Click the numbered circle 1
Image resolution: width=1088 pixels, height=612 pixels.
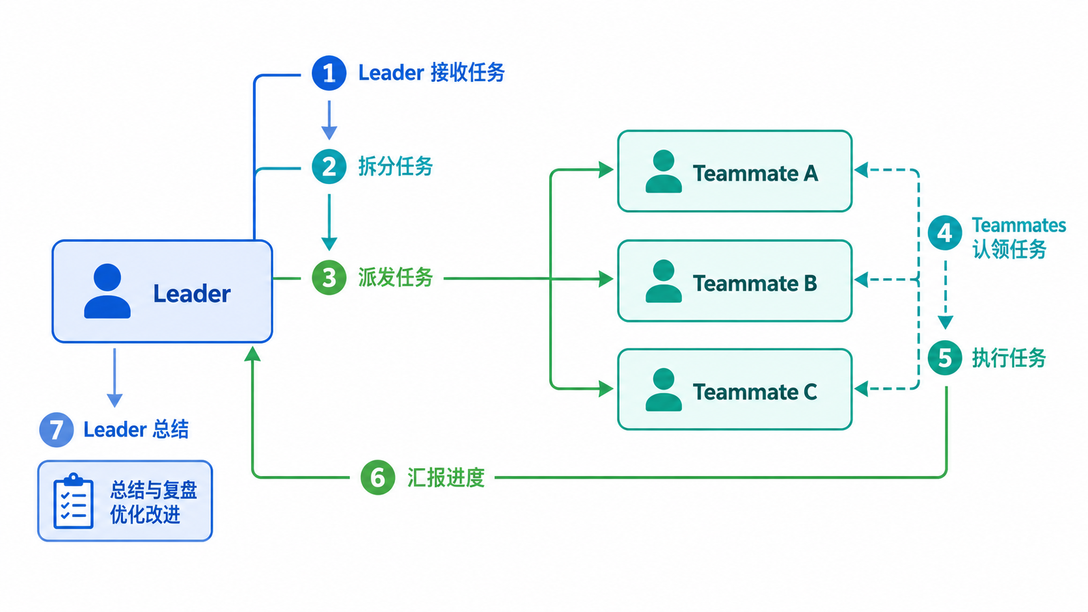point(329,73)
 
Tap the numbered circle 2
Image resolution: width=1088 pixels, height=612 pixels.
point(329,167)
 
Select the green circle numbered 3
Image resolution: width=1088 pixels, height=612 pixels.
point(329,278)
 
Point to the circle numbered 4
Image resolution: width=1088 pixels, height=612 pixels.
point(945,233)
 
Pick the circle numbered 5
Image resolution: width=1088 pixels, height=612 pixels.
point(945,358)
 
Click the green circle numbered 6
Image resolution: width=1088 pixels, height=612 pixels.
point(377,477)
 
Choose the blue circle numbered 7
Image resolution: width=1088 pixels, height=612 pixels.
point(57,429)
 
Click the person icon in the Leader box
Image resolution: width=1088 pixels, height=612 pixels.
point(107,291)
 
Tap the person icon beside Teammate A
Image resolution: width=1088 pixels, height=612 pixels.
point(664,171)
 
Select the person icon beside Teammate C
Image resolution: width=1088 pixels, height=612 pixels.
point(664,390)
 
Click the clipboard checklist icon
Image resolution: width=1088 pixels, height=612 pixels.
point(74,501)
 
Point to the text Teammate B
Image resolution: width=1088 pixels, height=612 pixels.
point(755,284)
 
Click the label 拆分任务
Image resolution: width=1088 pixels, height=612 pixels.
point(396,166)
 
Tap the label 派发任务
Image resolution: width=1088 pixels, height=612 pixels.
point(396,278)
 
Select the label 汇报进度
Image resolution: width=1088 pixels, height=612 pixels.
point(446,477)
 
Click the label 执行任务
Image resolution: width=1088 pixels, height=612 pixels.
point(1009,358)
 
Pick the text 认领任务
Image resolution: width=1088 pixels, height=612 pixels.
point(1009,250)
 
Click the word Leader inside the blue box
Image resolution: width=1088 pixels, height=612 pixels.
point(192,293)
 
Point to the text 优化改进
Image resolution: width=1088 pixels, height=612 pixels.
point(145,514)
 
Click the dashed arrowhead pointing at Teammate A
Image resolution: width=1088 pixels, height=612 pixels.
point(861,170)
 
